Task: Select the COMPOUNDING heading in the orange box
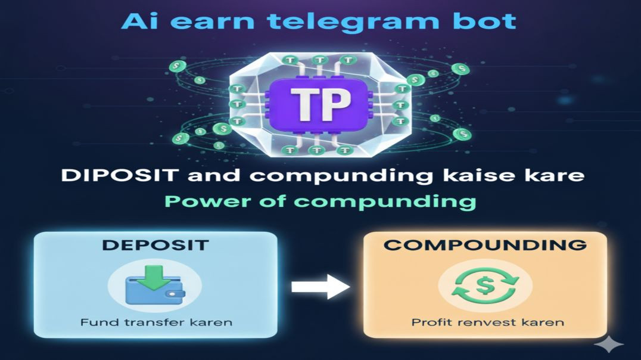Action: coord(484,245)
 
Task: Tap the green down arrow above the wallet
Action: coord(157,278)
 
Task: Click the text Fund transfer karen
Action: coord(155,323)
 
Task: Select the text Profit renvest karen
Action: coord(487,323)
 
